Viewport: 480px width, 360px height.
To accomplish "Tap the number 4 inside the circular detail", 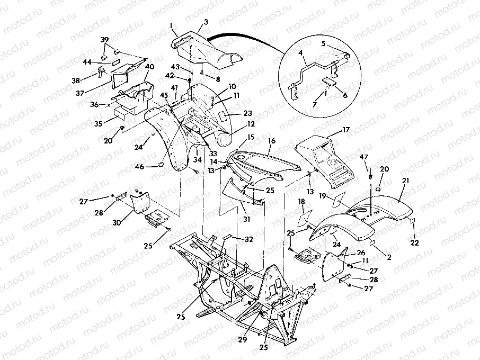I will [x=300, y=53].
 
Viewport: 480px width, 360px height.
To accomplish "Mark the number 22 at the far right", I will [x=414, y=242].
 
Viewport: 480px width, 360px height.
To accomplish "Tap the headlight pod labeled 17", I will [x=321, y=159].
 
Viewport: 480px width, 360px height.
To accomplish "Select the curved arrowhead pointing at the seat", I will [x=210, y=38].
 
